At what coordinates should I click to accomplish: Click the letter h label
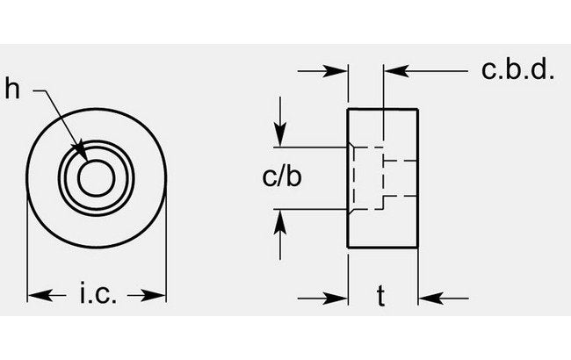coord(11,88)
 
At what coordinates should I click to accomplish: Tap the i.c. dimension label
coord(98,292)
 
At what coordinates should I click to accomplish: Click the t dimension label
coord(380,298)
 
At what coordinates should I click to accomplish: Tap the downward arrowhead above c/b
coord(280,138)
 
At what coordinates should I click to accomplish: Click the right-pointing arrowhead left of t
coord(340,296)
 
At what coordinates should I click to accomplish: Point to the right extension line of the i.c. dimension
coord(166,255)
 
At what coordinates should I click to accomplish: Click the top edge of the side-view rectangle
coord(383,107)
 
